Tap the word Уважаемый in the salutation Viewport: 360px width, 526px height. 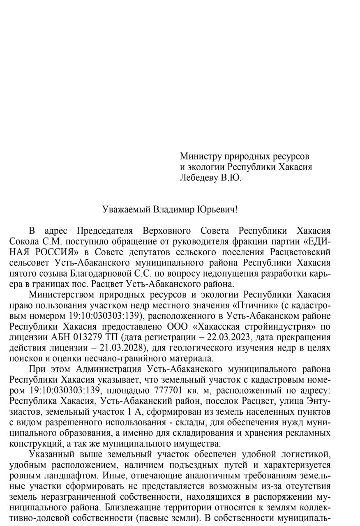pyautogui.click(x=126, y=209)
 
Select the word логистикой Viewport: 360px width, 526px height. pyautogui.click(x=305, y=455)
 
